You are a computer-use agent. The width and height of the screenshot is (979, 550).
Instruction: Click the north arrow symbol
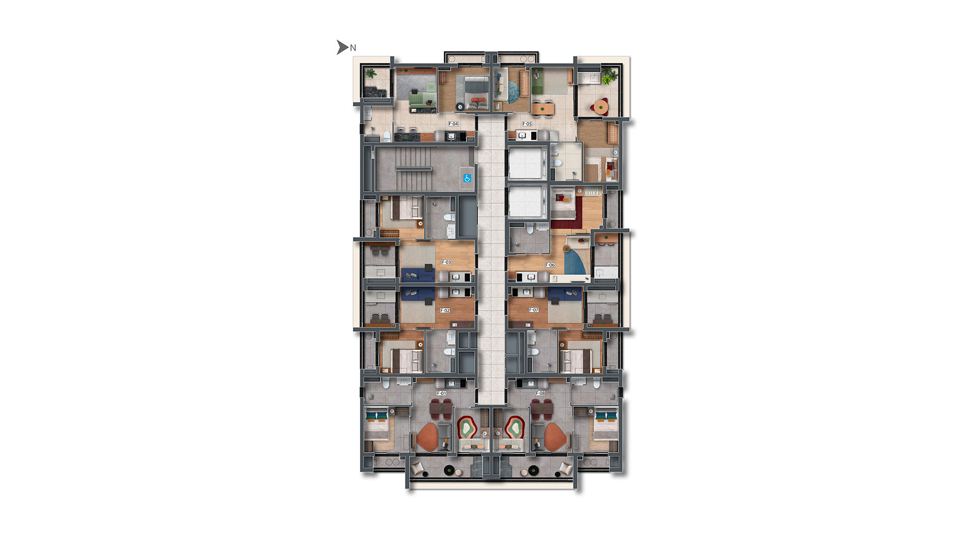click(342, 47)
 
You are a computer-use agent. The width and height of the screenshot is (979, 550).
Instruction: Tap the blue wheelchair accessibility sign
click(467, 178)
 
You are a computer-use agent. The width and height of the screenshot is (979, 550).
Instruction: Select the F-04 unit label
click(453, 124)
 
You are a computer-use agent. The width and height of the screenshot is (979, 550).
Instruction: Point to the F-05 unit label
click(527, 124)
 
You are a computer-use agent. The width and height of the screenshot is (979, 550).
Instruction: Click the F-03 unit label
click(446, 262)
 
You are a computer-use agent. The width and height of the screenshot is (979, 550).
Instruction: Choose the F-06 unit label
click(550, 265)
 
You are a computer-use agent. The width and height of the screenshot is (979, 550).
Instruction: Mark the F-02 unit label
click(445, 310)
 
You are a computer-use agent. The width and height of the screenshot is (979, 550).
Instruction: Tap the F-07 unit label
click(533, 310)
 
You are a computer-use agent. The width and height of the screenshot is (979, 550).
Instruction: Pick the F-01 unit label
click(442, 393)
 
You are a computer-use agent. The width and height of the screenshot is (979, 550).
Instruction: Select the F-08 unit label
click(540, 393)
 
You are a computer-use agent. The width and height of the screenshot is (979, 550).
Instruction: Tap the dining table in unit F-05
click(542, 107)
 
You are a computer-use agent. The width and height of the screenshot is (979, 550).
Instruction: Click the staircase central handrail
click(414, 169)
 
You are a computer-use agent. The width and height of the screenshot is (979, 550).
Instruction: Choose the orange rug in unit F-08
click(556, 437)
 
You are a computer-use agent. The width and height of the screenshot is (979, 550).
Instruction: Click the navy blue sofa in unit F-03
click(417, 274)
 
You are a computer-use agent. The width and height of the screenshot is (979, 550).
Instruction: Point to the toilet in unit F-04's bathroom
click(387, 135)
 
